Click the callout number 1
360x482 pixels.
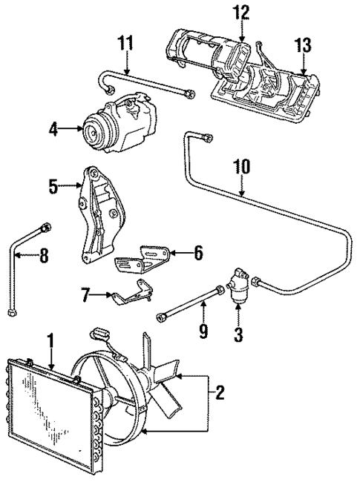click(50, 343)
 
